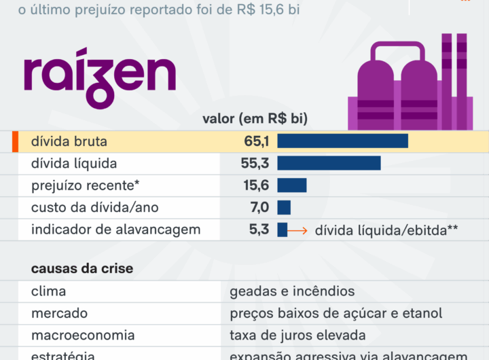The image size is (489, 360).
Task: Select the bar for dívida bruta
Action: [x=342, y=141]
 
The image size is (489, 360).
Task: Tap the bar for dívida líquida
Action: [x=329, y=163]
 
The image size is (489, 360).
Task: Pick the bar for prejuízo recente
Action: [x=291, y=185]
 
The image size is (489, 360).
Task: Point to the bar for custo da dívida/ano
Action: [x=284, y=207]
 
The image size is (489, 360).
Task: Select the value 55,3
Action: [x=255, y=163]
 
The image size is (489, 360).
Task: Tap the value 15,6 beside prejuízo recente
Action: [x=257, y=185]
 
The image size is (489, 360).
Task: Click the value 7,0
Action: [x=259, y=207]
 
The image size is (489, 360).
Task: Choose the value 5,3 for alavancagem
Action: [x=259, y=230]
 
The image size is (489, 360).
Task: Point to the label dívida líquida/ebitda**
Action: [x=386, y=230]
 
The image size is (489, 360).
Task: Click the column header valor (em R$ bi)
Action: [x=255, y=119]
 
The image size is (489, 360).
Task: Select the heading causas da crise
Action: [x=82, y=268]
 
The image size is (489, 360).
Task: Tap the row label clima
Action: [x=48, y=291]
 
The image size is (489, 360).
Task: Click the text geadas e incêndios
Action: [x=292, y=291]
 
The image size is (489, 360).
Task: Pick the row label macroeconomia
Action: [x=83, y=336]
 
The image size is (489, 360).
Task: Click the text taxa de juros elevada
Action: [x=297, y=336]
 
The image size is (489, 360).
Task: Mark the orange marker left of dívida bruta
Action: [x=14, y=141]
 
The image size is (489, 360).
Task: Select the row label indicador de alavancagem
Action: [x=115, y=230]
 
